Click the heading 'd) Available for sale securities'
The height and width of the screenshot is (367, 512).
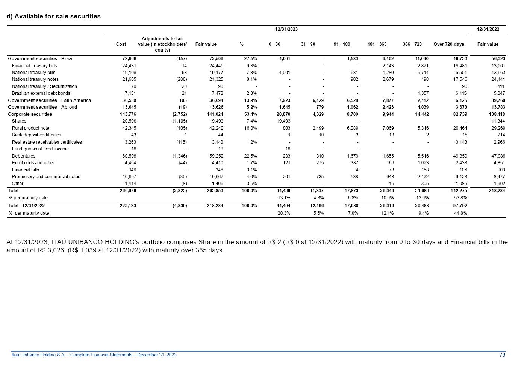point(53,16)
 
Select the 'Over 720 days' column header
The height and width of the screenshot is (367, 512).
point(448,44)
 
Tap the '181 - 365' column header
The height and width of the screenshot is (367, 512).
point(377,44)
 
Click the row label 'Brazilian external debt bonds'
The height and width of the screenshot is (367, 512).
point(41,93)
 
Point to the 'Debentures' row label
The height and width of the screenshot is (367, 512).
point(24,156)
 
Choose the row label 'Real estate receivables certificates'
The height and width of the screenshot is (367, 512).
point(47,142)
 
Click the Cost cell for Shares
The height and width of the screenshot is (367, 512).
point(129,121)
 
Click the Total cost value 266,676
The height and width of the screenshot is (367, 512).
point(128,191)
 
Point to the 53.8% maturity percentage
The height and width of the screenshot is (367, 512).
point(460,198)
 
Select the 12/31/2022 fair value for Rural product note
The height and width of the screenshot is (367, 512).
point(497,128)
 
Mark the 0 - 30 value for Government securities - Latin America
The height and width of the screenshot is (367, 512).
point(282,100)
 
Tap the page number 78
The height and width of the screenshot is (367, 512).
point(502,355)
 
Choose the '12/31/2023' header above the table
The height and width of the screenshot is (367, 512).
point(286,29)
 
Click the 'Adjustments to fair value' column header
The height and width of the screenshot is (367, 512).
point(162,44)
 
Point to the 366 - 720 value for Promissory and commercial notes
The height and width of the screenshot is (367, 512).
point(422,177)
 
